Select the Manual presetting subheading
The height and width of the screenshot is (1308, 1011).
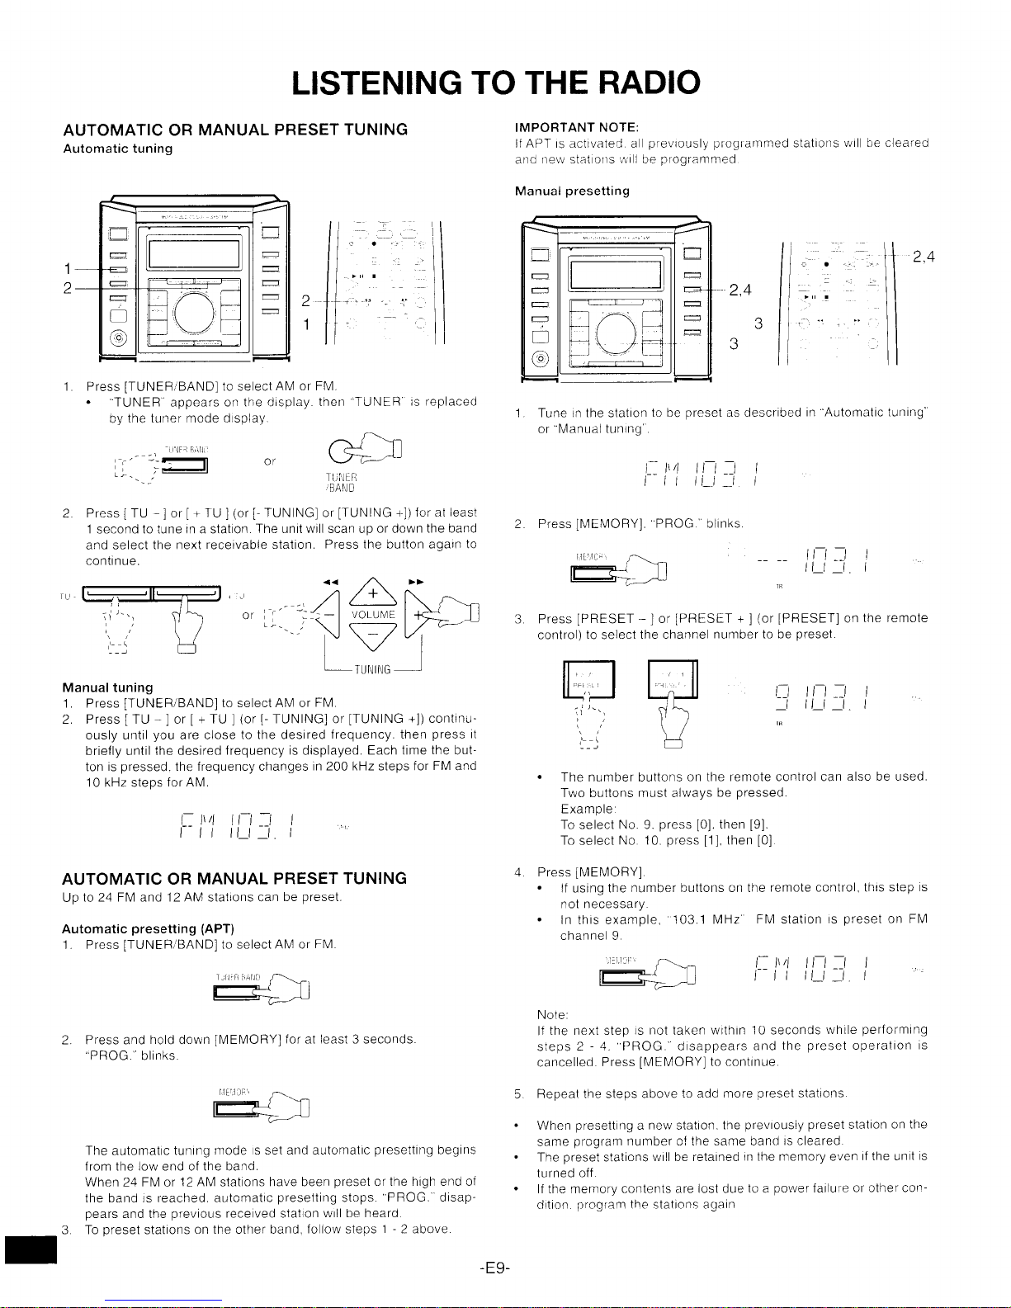[572, 191]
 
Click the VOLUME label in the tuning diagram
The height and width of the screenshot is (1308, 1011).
[373, 615]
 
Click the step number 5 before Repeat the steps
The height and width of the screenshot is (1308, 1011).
[517, 1093]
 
